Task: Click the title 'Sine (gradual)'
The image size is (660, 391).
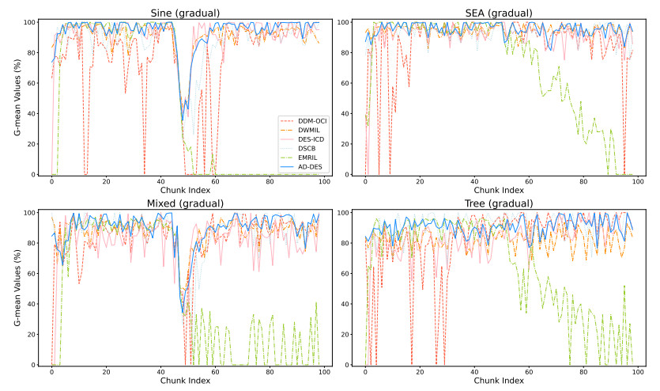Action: pyautogui.click(x=185, y=13)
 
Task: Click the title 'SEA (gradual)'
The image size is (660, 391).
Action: pyautogui.click(x=500, y=13)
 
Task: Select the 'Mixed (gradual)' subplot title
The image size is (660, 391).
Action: pyautogui.click(x=185, y=203)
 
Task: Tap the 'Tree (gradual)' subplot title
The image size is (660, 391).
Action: pyautogui.click(x=500, y=203)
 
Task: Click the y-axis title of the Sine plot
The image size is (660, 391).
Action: pyautogui.click(x=17, y=98)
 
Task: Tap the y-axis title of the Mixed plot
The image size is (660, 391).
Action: pyautogui.click(x=17, y=289)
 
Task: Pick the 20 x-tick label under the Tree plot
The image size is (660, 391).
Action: pyautogui.click(x=420, y=373)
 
